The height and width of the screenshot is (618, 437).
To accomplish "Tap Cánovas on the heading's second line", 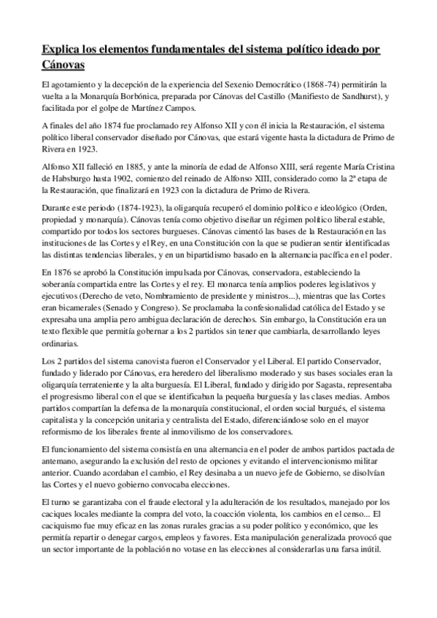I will pyautogui.click(x=64, y=66).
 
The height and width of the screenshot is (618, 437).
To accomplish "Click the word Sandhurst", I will pyautogui.click(x=336, y=97).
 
